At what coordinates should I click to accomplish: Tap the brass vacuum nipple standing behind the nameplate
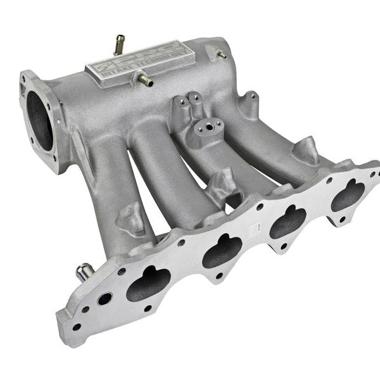point(118,45)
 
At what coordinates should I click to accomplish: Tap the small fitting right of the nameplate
point(222,54)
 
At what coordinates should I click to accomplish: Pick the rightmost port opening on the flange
point(348,194)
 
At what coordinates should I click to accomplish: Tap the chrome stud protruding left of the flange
point(84,273)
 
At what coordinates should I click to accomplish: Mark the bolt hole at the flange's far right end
point(374,171)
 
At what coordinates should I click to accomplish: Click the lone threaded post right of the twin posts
point(251,101)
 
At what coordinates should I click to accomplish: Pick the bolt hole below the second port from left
point(218,275)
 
